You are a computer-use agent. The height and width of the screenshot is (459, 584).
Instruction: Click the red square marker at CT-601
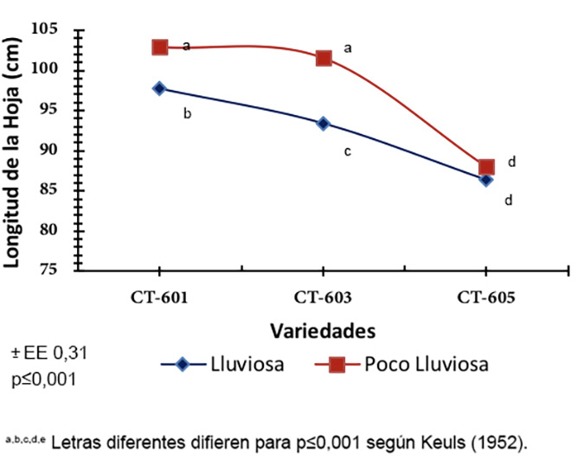pyautogui.click(x=160, y=47)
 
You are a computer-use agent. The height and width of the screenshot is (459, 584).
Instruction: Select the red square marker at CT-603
pyautogui.click(x=324, y=58)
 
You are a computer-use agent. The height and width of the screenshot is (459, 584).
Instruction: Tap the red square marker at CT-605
pyautogui.click(x=486, y=167)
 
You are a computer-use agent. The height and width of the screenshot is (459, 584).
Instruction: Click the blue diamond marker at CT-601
pyautogui.click(x=159, y=88)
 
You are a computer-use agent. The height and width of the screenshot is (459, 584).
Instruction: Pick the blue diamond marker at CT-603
pyautogui.click(x=323, y=124)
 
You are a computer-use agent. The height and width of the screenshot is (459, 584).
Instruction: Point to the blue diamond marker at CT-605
pyautogui.click(x=485, y=180)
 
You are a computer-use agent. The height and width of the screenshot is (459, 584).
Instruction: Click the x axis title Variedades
pyautogui.click(x=323, y=331)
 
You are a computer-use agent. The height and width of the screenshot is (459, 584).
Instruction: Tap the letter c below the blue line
pyautogui.click(x=347, y=151)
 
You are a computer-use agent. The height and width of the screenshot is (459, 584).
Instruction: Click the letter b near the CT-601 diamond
pyautogui.click(x=186, y=113)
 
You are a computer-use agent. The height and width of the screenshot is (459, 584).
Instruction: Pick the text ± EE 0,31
pyautogui.click(x=49, y=353)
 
